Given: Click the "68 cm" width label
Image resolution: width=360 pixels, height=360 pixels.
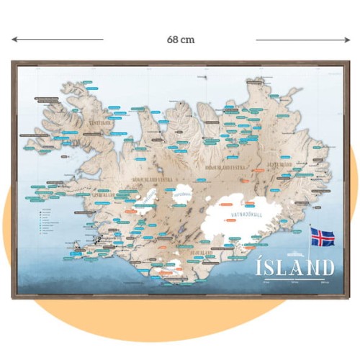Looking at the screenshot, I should tap(180, 40).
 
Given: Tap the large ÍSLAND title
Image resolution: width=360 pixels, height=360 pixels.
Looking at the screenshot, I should tap(295, 268).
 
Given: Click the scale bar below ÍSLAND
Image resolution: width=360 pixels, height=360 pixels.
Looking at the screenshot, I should tap(295, 282).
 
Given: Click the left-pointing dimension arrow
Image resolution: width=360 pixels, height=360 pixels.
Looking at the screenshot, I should tap(58, 40).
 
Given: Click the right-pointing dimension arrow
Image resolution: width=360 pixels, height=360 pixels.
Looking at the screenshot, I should tap(302, 40).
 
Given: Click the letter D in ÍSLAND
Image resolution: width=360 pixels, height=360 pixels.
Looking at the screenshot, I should tap(327, 268).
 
